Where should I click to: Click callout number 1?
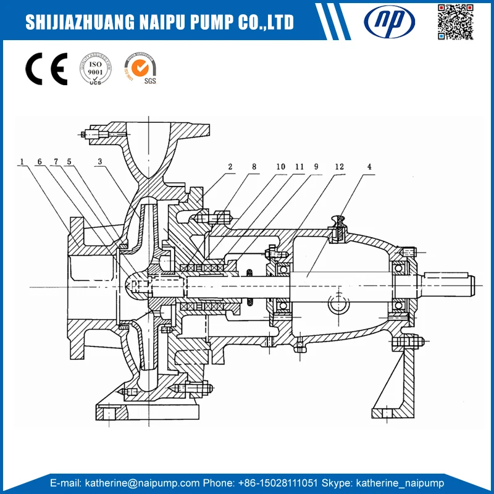pyautogui.click(x=22, y=162)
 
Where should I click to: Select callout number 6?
pyautogui.click(x=39, y=162)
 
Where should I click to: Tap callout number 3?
pyautogui.click(x=99, y=162)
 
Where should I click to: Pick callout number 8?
pyautogui.click(x=254, y=167)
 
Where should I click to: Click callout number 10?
pyautogui.click(x=280, y=167)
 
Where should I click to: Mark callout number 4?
pyautogui.click(x=369, y=167)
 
